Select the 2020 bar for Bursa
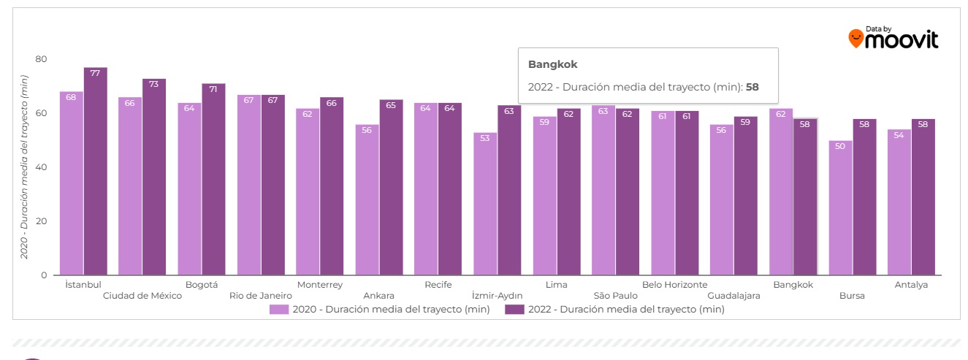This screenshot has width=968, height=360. pyautogui.click(x=840, y=208)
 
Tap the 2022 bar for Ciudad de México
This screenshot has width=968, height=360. pyautogui.click(x=154, y=179)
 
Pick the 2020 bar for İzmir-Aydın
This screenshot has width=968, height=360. pyautogui.click(x=485, y=204)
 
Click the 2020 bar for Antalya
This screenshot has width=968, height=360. pyautogui.click(x=899, y=203)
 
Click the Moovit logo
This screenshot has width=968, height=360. pyautogui.click(x=893, y=38)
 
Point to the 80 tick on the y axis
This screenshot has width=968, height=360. pyautogui.click(x=41, y=59)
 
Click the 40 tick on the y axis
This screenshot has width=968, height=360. pyautogui.click(x=41, y=167)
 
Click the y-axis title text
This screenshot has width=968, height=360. pyautogui.click(x=24, y=167)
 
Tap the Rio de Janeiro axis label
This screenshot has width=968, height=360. pyautogui.click(x=261, y=296)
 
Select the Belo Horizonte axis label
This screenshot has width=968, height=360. pyautogui.click(x=674, y=285)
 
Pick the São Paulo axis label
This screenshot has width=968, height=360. pyautogui.click(x=615, y=296)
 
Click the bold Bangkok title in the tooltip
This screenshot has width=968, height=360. pyautogui.click(x=552, y=65)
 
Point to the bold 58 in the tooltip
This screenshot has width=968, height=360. pyautogui.click(x=752, y=87)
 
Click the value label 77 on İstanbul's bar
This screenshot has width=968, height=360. pyautogui.click(x=95, y=73)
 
